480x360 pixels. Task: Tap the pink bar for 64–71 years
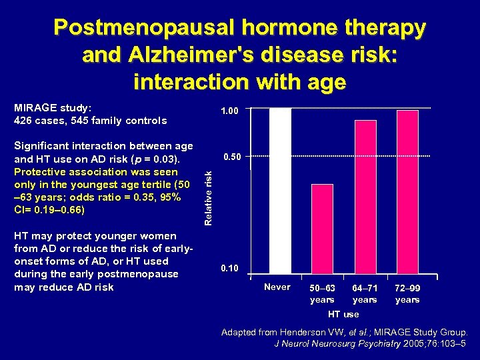pos(365,196)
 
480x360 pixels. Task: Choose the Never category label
pos(277,287)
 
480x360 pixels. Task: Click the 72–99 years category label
pos(407,294)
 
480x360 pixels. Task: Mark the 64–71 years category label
pos(365,294)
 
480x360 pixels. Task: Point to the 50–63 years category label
pos(322,294)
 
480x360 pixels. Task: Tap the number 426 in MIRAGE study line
pos(24,121)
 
